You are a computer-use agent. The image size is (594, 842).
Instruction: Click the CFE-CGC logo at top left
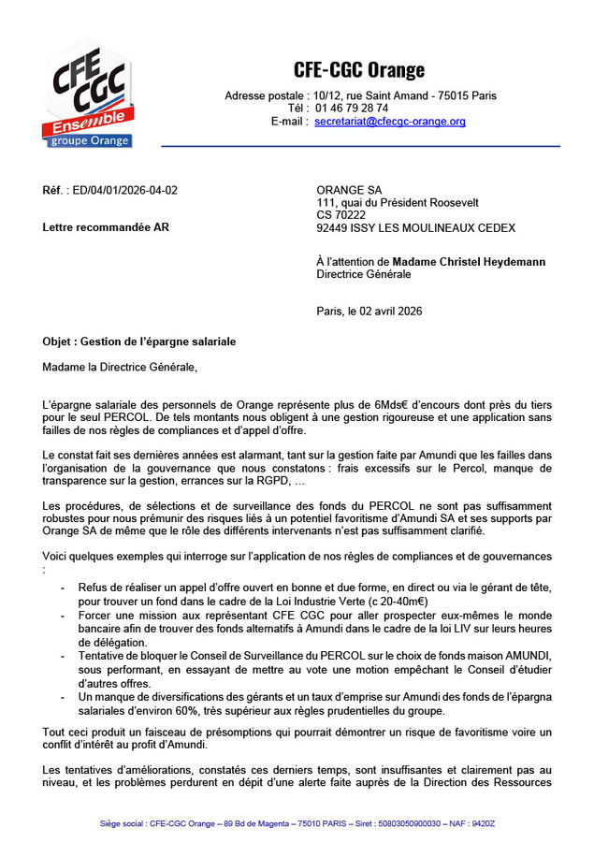[87, 93]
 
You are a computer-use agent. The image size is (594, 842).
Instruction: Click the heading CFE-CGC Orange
[359, 69]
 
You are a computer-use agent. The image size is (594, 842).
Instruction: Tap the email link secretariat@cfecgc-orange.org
[389, 122]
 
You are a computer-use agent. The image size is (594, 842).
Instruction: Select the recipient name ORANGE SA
[349, 191]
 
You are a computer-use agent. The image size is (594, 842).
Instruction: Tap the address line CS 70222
[341, 215]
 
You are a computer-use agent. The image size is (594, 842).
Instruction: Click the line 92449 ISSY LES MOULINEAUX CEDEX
[415, 228]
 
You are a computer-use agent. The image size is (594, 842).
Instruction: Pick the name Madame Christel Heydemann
[469, 262]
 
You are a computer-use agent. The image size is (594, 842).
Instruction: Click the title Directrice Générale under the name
[364, 274]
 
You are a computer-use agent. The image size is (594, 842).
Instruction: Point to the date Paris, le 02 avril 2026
[369, 312]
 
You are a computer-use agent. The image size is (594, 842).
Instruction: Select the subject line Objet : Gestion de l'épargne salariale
[139, 342]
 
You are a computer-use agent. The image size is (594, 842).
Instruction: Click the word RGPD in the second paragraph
[276, 481]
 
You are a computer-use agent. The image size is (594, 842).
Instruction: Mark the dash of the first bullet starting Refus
[63, 588]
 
